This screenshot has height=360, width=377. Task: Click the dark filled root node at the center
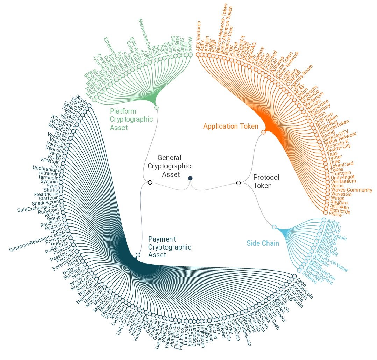[190, 178]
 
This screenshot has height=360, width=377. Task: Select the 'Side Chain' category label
[263, 243]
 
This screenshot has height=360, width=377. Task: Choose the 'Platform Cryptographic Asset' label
[131, 119]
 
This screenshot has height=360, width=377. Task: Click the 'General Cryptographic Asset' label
[169, 166]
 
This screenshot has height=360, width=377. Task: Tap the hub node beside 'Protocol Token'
[239, 182]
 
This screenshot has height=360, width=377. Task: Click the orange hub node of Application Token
[263, 132]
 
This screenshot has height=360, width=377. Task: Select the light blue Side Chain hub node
[274, 227]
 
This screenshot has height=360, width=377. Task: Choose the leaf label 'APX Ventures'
[198, 36]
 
